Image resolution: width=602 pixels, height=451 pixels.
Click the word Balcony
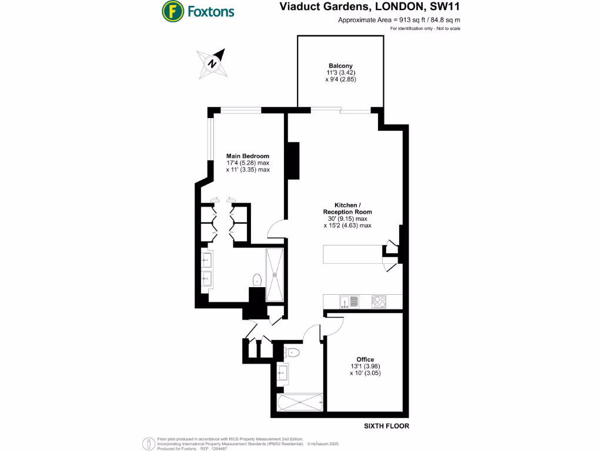click(340, 66)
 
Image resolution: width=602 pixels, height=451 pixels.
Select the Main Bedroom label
click(248, 156)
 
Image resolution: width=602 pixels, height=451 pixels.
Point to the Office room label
click(365, 359)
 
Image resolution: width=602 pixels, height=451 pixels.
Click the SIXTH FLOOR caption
click(386, 426)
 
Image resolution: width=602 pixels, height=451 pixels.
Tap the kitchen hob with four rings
click(379, 302)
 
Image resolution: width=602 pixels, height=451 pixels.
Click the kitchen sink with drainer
click(349, 302)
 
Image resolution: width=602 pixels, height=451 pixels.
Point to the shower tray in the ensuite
click(275, 275)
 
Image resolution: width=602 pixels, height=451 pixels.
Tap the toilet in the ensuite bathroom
click(256, 280)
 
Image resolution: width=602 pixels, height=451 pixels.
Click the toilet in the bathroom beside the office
click(293, 352)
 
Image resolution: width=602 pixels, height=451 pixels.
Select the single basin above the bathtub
click(282, 372)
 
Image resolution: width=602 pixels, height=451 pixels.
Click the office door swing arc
click(335, 325)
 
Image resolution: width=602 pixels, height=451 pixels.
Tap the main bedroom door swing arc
click(276, 228)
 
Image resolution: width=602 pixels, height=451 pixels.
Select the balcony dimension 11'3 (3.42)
click(340, 73)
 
